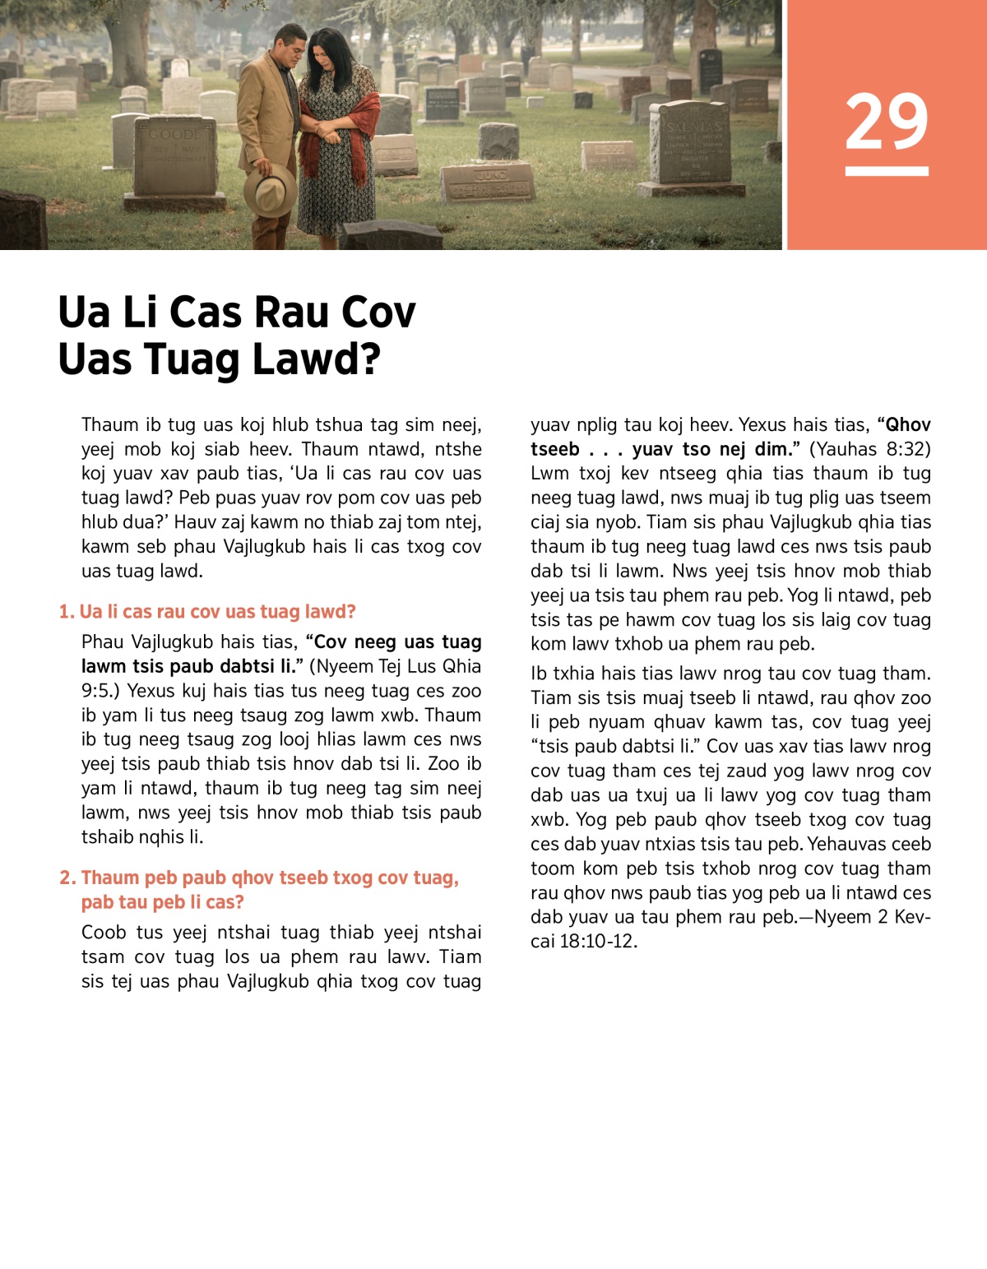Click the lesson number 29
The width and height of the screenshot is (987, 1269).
tap(887, 121)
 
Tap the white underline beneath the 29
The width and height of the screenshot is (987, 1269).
tap(887, 171)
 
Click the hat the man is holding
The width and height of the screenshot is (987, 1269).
tap(270, 190)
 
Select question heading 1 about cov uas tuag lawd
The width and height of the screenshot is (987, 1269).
tap(207, 612)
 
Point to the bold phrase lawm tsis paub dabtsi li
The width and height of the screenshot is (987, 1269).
tap(188, 666)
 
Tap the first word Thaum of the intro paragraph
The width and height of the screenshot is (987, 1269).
tap(110, 424)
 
